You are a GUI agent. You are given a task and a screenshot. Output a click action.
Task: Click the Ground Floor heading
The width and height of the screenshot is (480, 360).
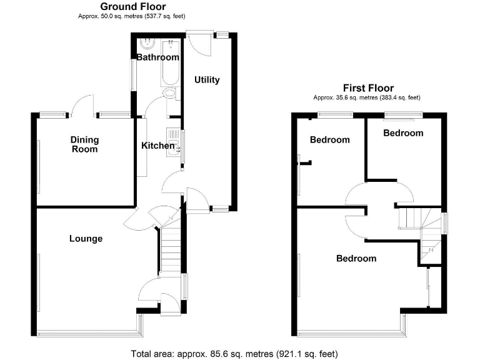click(133, 6)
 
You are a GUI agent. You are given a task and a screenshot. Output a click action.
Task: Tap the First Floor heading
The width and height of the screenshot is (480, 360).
click(368, 88)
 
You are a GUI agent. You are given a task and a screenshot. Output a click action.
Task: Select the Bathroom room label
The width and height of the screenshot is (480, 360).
click(157, 57)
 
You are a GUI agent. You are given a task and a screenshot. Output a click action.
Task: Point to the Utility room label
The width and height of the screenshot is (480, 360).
click(207, 80)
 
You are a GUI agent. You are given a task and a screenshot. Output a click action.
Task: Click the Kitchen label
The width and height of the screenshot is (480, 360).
click(157, 146)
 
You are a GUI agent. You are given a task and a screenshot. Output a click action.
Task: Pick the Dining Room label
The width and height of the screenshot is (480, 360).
click(84, 144)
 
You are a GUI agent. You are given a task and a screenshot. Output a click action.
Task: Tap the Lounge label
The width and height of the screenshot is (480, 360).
click(86, 239)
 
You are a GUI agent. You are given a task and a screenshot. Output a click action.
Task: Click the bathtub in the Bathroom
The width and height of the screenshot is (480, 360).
click(171, 63)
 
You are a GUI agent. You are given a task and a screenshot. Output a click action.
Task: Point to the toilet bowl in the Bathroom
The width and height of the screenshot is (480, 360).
click(170, 93)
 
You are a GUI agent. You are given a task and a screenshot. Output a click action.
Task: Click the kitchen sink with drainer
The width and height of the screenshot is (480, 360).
click(174, 142)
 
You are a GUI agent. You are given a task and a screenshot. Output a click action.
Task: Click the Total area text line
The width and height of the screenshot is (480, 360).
click(234, 354)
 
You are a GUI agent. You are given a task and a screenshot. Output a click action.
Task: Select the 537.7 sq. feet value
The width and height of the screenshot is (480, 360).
click(164, 16)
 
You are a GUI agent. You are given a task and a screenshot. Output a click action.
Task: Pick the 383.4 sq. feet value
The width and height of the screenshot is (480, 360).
click(399, 97)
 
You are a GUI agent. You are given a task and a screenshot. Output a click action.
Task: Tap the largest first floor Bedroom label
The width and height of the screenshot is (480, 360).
click(356, 258)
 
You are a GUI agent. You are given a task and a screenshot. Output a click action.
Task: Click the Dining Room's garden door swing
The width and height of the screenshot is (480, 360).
click(82, 105)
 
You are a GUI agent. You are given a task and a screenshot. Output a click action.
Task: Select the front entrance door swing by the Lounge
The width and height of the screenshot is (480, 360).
click(170, 304)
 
